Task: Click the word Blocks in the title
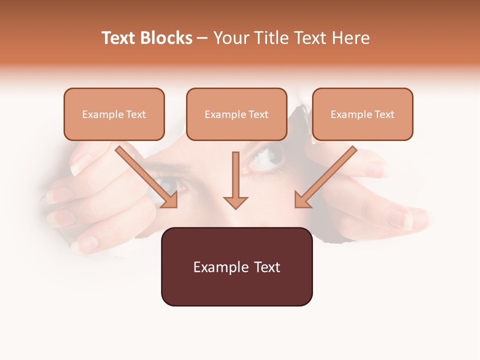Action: coord(166,38)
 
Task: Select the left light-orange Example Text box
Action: coord(114,114)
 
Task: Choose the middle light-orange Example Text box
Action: coord(236,114)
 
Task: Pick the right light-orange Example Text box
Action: coord(362,114)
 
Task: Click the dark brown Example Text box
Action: coord(236,266)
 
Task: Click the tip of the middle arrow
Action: coord(235,207)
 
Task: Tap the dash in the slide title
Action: coord(202,38)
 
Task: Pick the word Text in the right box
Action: coord(384,114)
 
